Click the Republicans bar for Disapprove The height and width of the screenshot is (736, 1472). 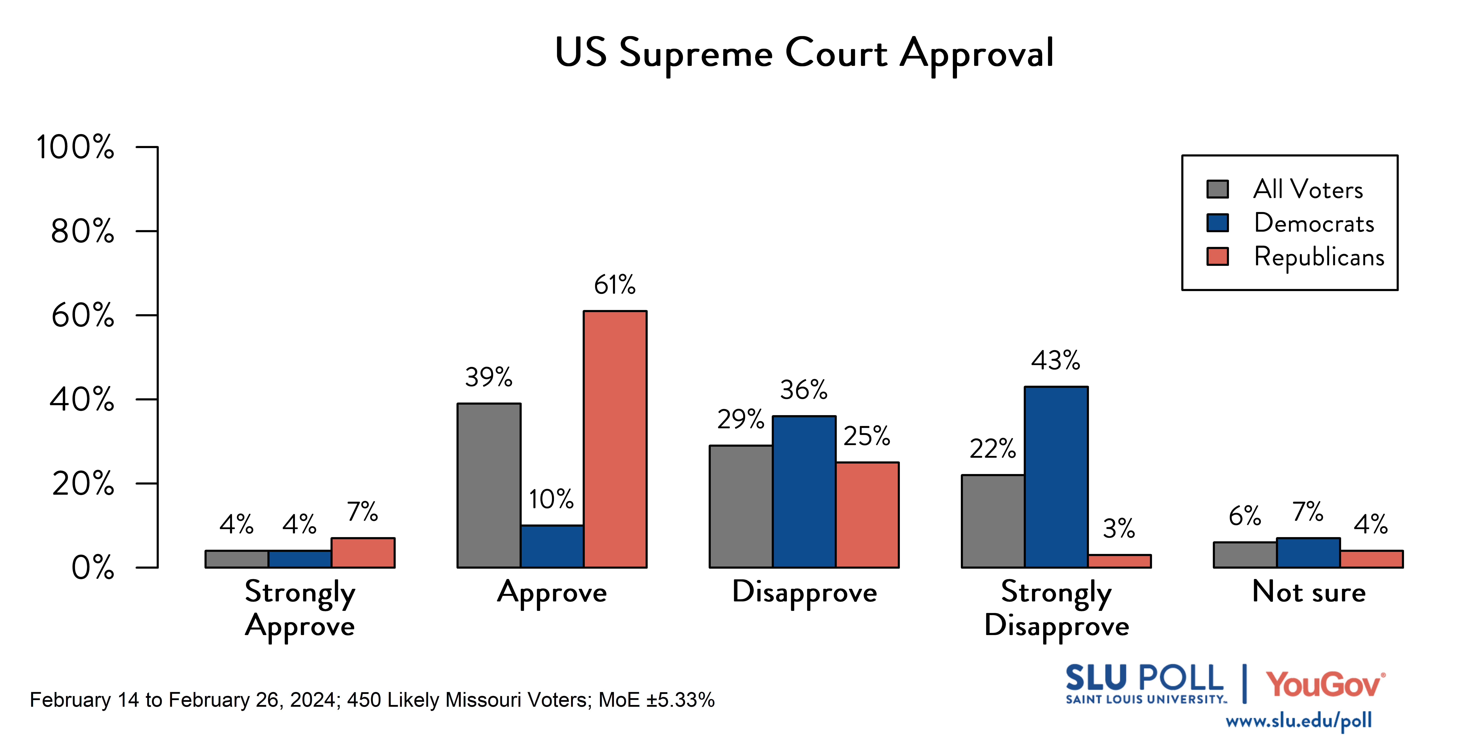(867, 514)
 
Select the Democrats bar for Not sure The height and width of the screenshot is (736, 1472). (1308, 553)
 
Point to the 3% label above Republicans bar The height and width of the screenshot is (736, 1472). (1118, 529)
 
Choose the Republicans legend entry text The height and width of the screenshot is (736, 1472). (1319, 257)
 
